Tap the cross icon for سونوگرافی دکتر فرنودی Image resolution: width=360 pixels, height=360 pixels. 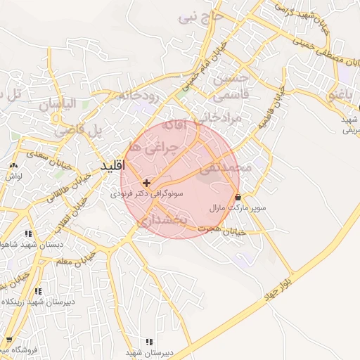coord(146,182)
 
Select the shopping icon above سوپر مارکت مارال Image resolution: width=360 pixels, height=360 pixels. coord(238,197)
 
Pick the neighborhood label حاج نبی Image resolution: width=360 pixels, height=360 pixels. coord(200,15)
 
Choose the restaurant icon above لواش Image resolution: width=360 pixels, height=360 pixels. coord(13,165)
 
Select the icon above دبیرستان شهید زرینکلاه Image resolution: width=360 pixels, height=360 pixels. coord(39,290)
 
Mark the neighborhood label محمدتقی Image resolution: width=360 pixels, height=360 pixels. coord(225,169)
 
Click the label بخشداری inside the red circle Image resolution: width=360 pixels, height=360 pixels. coord(162,221)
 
